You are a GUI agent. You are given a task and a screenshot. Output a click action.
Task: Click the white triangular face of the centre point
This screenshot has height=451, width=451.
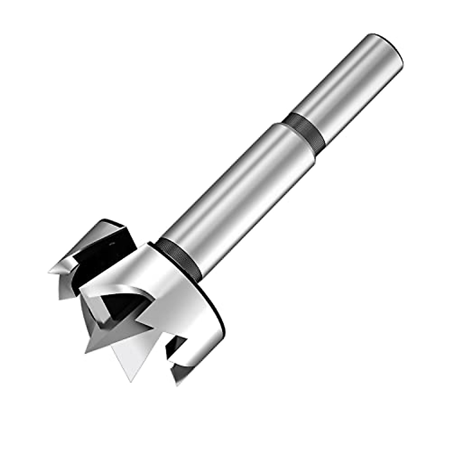(x=130, y=350)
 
